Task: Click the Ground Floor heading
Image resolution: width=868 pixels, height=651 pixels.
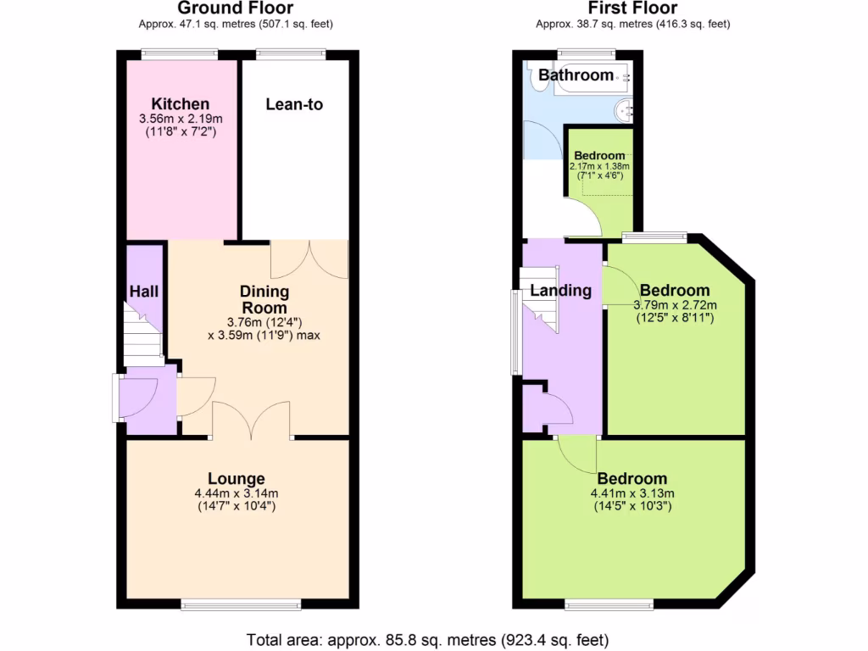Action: coord(236,8)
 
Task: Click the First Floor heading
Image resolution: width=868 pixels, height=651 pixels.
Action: coord(632,8)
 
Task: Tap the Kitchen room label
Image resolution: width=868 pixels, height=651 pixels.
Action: coord(181,104)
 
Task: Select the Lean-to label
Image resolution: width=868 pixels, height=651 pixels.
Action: coord(294,104)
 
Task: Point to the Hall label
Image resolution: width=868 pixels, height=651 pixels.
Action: coord(144,292)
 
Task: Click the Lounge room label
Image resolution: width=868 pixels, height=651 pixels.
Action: coord(236,479)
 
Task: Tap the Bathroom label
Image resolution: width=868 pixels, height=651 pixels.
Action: coord(576,75)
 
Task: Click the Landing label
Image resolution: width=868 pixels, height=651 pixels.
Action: coord(560,291)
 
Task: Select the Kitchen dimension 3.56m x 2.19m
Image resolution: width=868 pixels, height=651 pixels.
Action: coord(181,120)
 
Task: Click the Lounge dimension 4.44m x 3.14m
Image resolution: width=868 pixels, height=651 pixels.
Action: coord(236,493)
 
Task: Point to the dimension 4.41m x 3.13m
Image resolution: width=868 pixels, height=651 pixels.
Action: coord(632,493)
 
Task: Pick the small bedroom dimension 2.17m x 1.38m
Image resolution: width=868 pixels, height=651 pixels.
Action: coord(600,166)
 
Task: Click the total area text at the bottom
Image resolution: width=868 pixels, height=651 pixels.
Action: coord(427,639)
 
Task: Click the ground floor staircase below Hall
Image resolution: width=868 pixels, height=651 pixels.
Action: coord(142,335)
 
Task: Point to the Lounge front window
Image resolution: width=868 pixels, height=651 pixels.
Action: coord(241,604)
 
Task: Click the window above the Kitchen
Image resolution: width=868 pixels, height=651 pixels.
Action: coord(180,54)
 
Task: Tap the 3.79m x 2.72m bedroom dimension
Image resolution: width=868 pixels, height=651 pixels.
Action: coord(676,305)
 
